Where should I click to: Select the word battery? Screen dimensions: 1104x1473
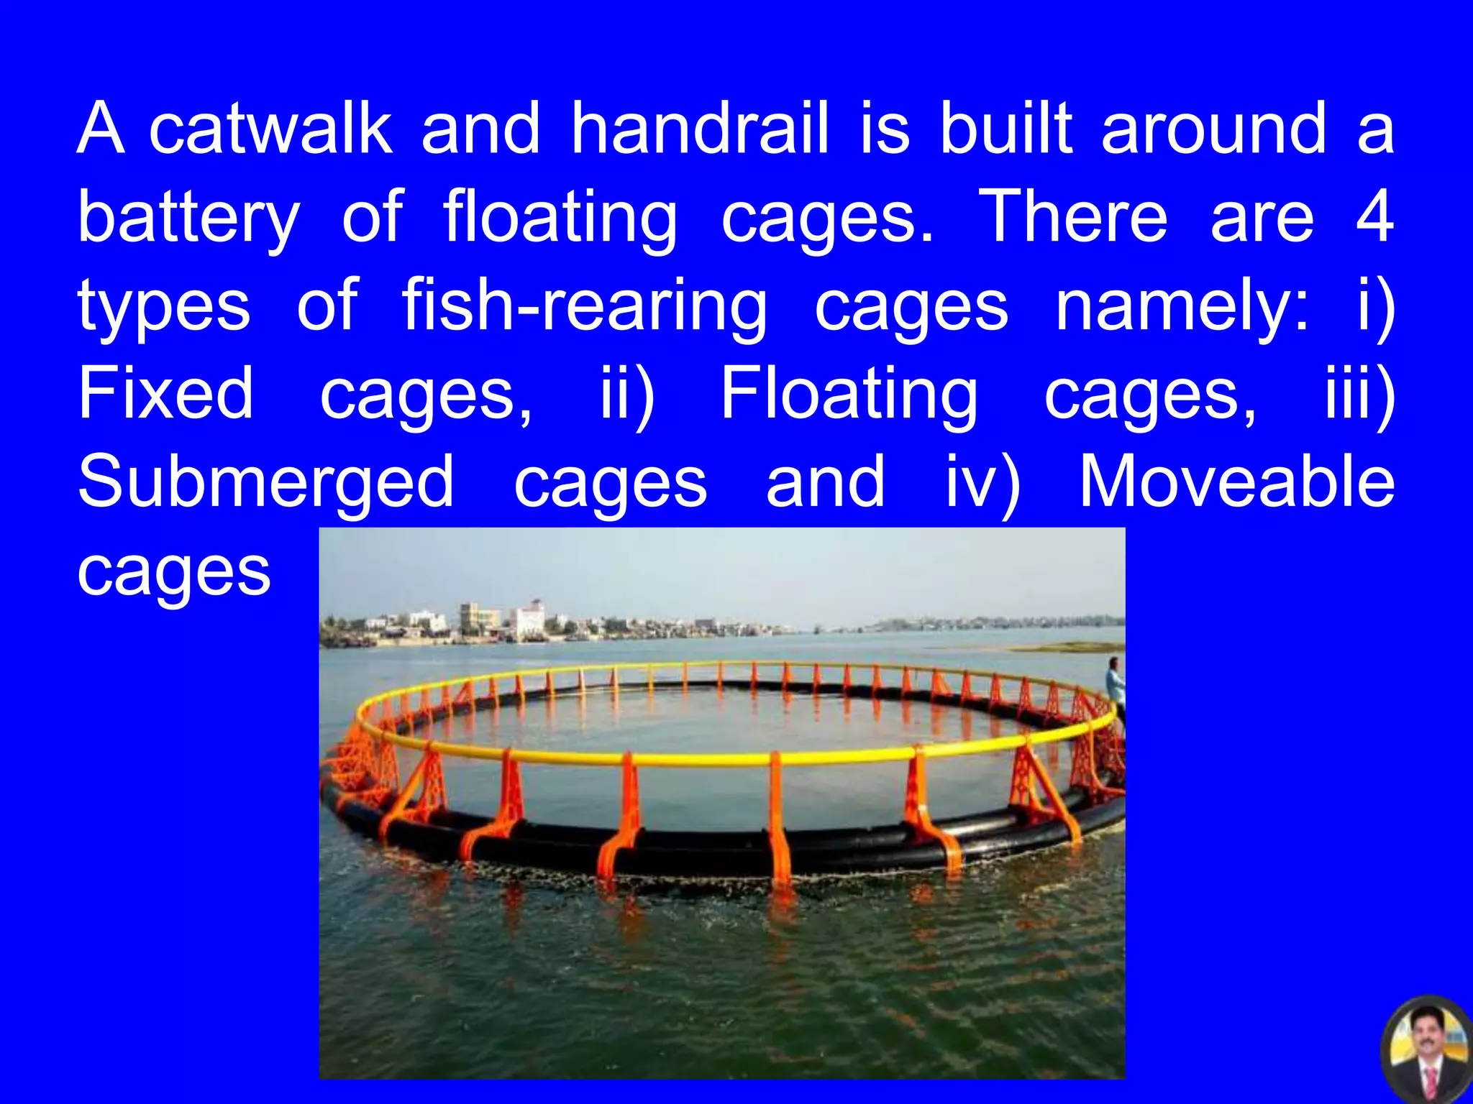(x=188, y=217)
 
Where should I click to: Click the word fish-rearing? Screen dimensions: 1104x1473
(x=584, y=306)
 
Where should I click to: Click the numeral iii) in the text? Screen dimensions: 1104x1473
(x=1360, y=394)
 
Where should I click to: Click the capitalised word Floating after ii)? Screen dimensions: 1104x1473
(x=849, y=394)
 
